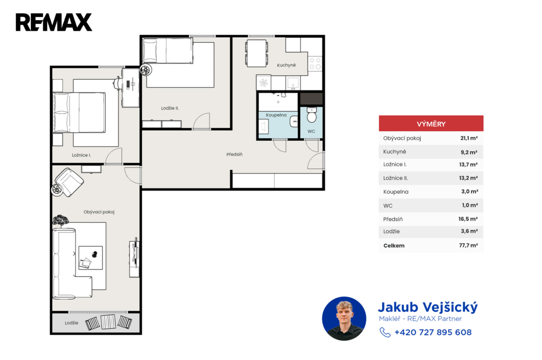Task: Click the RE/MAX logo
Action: click(x=54, y=22)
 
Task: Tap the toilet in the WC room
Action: click(x=311, y=115)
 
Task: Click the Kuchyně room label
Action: click(x=286, y=65)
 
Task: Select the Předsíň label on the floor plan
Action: click(x=234, y=154)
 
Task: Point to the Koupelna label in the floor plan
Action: click(x=276, y=115)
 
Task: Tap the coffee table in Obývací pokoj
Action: click(x=91, y=258)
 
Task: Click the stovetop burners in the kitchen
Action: click(x=315, y=64)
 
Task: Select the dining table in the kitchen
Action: click(x=257, y=53)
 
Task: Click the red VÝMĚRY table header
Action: click(x=431, y=123)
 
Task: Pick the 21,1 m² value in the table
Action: click(x=469, y=138)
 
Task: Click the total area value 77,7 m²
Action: click(x=468, y=245)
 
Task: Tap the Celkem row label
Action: click(x=394, y=246)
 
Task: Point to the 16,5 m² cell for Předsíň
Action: click(x=468, y=219)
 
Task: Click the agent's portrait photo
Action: click(x=344, y=319)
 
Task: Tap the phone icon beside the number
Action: click(x=385, y=332)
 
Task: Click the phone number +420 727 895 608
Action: click(x=433, y=332)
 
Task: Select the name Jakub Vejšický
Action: click(x=428, y=307)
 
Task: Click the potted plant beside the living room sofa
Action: click(x=60, y=220)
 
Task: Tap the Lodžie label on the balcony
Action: click(x=71, y=322)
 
